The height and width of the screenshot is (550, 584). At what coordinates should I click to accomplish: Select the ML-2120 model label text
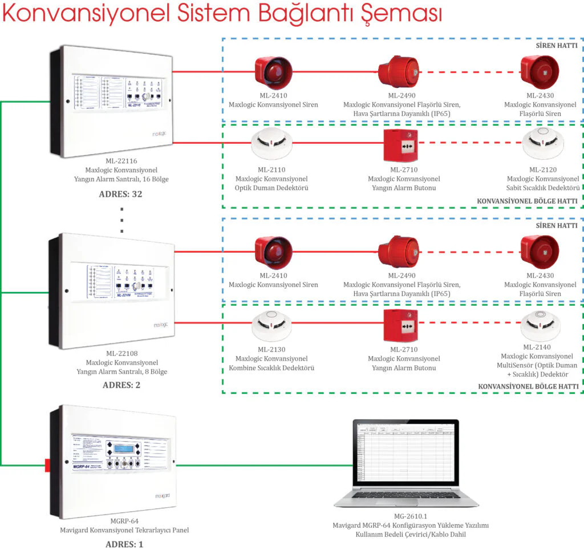coord(543,169)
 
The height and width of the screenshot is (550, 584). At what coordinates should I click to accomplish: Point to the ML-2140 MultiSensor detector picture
coord(540,323)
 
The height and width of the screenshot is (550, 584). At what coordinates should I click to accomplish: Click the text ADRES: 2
coord(121,385)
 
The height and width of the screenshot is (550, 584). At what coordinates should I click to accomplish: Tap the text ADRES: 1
coord(124,544)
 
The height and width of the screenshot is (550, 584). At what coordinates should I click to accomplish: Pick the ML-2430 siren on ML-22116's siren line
coord(540,72)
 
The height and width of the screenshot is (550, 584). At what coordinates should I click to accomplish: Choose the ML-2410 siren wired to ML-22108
coord(273,252)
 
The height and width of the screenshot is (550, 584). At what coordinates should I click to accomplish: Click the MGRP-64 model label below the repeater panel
coord(124,521)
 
